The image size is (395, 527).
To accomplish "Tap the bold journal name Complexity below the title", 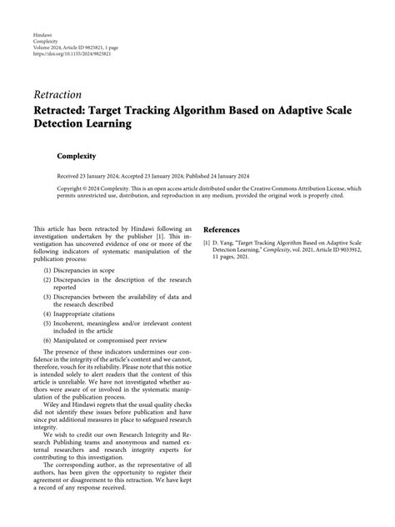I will pos(77,156).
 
